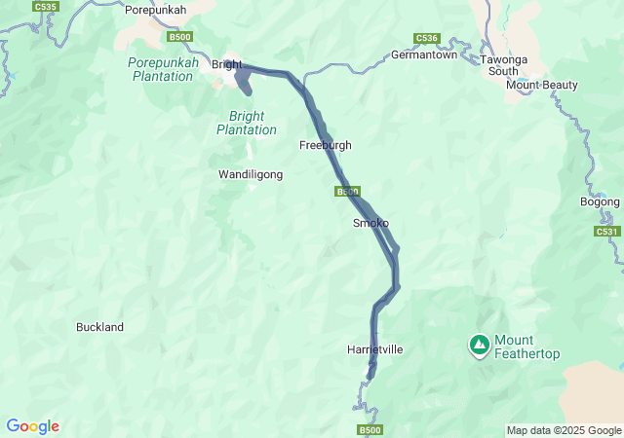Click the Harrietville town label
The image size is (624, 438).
tap(374, 349)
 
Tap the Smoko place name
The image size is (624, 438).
tap(370, 223)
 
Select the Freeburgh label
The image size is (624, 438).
tap(325, 145)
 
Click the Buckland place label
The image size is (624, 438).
tap(99, 327)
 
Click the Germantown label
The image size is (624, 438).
tap(424, 55)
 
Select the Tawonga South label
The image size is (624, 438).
tap(504, 65)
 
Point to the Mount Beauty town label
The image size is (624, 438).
tap(541, 85)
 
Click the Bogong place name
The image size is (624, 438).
tap(600, 201)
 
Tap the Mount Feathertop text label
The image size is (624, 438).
tap(526, 347)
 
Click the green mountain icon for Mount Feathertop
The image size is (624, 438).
tap(479, 345)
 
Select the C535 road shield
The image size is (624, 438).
tap(45, 6)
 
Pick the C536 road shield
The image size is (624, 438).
tap(426, 38)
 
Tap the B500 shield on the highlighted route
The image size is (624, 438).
tap(348, 192)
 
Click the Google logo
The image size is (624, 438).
tap(32, 426)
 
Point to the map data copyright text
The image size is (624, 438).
tap(564, 430)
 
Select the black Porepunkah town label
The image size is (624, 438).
tap(156, 10)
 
